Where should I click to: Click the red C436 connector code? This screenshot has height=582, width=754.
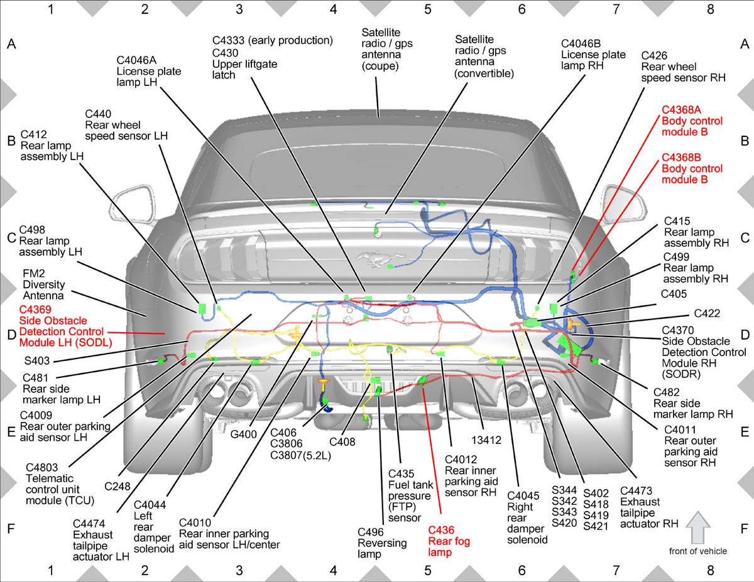[440, 530]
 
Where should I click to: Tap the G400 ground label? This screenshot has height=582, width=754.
[243, 434]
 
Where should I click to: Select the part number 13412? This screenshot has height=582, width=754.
[486, 440]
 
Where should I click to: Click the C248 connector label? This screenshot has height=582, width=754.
[117, 487]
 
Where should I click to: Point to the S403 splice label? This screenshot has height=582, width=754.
[37, 361]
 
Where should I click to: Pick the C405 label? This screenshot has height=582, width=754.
[674, 294]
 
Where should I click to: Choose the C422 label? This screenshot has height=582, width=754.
[707, 313]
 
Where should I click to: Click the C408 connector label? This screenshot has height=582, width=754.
[342, 442]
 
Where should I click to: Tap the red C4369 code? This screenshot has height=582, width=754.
[35, 310]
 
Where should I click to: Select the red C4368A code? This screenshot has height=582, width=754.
[681, 110]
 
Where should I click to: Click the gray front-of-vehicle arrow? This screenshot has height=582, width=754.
[698, 527]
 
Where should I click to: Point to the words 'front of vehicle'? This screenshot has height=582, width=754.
[698, 551]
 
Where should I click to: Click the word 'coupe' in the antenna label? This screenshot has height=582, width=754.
[380, 66]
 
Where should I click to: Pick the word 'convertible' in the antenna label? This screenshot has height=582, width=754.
[484, 73]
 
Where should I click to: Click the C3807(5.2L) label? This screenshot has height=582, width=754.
[300, 455]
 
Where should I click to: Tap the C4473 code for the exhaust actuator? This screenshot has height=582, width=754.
[636, 491]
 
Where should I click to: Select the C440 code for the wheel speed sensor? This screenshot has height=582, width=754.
[98, 114]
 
